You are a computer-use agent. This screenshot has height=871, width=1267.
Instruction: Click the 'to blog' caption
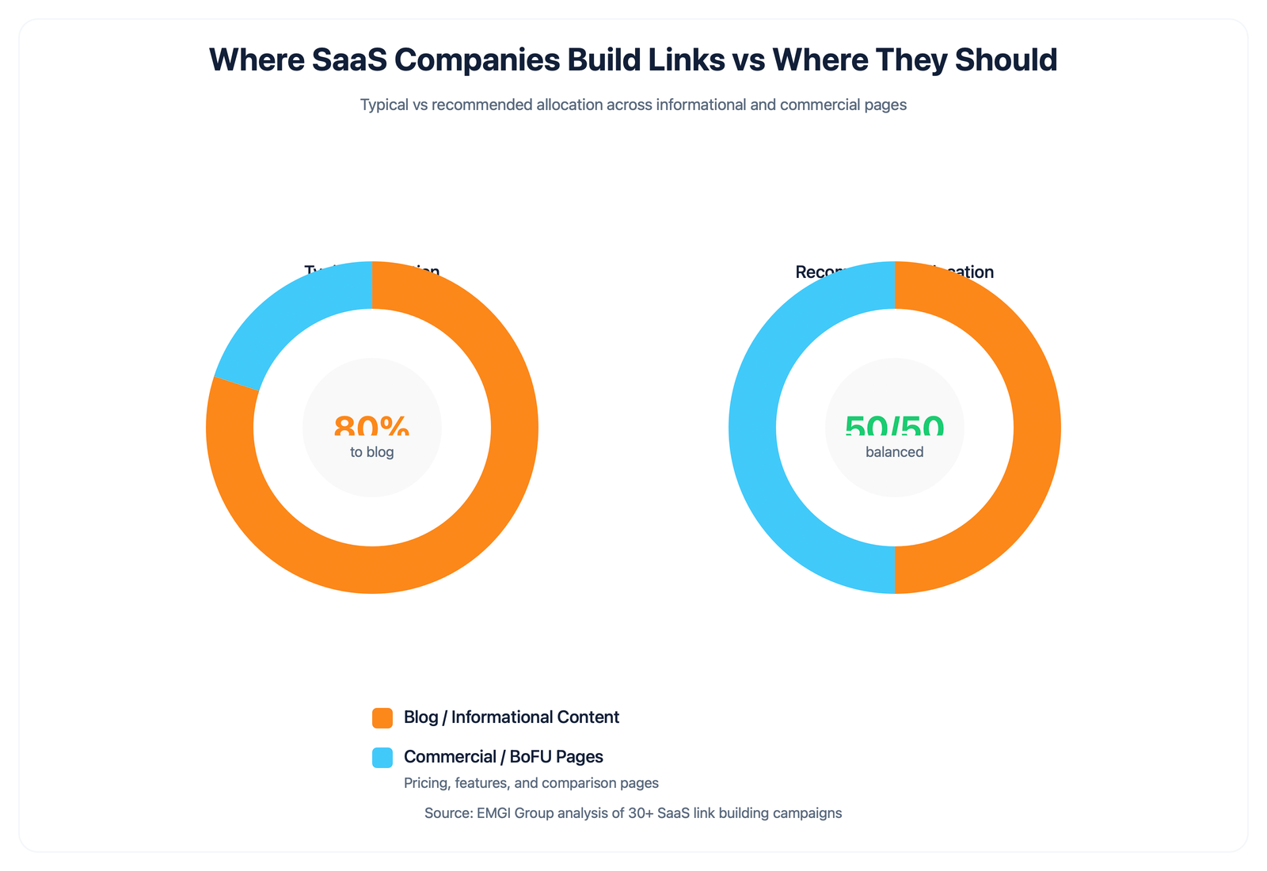[x=371, y=452]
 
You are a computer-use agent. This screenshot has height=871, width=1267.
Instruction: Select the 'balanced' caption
[x=894, y=452]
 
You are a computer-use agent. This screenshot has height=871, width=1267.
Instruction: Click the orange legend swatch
[x=382, y=717]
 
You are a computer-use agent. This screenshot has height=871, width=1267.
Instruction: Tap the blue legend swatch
[x=382, y=757]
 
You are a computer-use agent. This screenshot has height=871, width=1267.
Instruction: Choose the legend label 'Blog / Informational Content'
[x=511, y=717]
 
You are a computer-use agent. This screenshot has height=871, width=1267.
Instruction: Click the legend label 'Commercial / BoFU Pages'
[x=503, y=757]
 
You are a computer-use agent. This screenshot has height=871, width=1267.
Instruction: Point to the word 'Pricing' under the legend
[x=425, y=783]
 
